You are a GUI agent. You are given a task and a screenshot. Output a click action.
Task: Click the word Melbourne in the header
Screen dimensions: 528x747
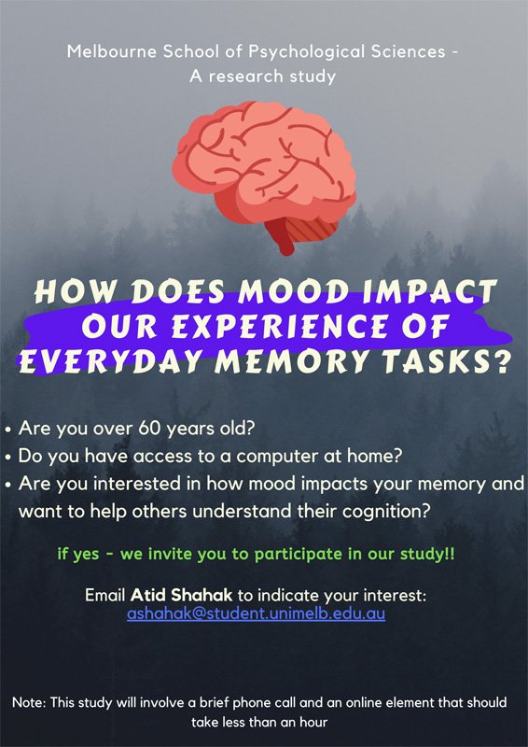[x=113, y=51]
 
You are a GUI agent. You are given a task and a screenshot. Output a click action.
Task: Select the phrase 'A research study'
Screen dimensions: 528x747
[x=263, y=77]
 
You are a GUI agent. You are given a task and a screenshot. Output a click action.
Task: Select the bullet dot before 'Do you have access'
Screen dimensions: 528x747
[x=8, y=458]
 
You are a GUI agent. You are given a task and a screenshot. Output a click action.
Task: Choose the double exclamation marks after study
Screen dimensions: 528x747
[x=449, y=554]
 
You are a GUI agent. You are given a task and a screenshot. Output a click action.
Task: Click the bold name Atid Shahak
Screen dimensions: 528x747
[x=181, y=595]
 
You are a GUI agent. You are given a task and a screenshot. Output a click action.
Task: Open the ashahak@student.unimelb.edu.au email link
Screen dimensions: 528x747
[x=257, y=614]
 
